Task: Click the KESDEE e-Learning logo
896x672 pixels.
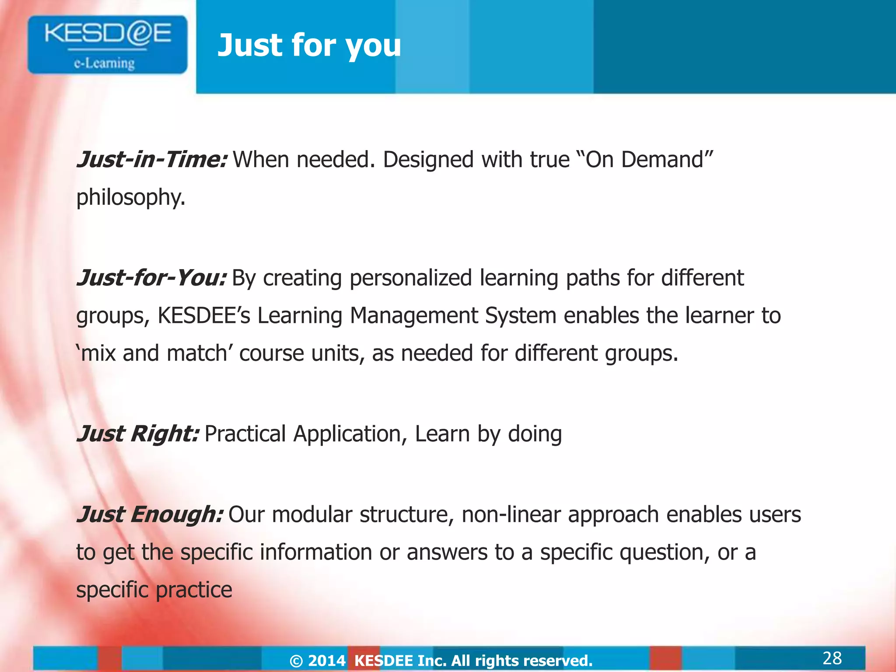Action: click(x=108, y=45)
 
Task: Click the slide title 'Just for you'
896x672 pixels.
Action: click(x=309, y=45)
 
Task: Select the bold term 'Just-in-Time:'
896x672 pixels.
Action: click(x=152, y=159)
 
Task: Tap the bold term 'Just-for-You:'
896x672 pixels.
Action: click(x=151, y=278)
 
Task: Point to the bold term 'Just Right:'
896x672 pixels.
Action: click(x=138, y=434)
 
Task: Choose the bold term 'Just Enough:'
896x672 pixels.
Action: click(x=150, y=514)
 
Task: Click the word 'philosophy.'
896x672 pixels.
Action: click(x=131, y=198)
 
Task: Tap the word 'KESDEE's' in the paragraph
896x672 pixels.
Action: click(x=203, y=315)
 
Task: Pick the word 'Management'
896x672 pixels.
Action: click(x=413, y=315)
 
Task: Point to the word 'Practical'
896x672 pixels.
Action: click(x=245, y=434)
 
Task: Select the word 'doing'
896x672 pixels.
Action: click(x=535, y=434)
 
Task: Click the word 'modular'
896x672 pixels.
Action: click(x=312, y=515)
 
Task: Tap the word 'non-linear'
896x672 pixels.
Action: click(x=511, y=515)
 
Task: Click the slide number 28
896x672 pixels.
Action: click(x=832, y=658)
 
